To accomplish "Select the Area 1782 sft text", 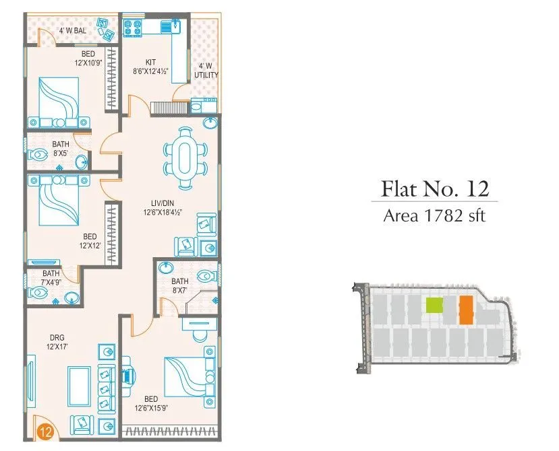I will tap(434, 216).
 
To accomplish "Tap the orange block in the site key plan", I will tap(465, 310).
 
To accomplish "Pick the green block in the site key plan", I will tap(434, 306).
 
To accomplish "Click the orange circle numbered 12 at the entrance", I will tap(45, 430).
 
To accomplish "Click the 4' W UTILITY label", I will tap(206, 71).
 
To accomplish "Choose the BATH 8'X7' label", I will tap(179, 286).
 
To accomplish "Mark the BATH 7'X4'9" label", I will tap(51, 278).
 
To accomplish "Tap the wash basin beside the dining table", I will tap(210, 124).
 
